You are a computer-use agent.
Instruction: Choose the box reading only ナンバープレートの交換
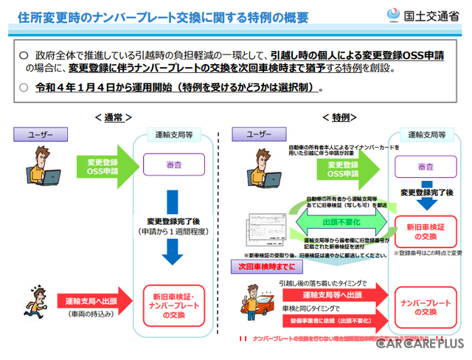(426, 308)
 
